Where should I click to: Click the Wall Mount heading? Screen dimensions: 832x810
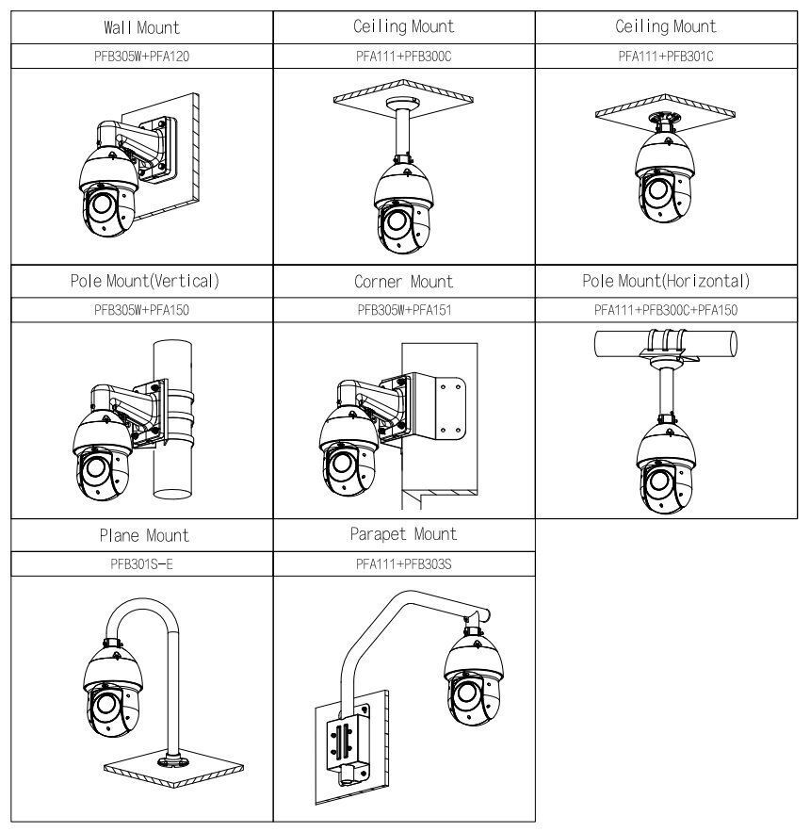tap(142, 26)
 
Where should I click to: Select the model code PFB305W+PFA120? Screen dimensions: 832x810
tap(142, 56)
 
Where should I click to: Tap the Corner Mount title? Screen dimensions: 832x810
tap(403, 281)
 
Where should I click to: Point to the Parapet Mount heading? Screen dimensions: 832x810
tap(403, 534)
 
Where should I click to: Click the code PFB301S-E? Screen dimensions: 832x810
tap(142, 563)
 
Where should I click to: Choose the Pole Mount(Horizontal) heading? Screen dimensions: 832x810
tap(666, 281)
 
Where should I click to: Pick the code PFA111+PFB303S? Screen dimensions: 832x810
tap(403, 563)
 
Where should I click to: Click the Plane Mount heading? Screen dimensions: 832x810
tap(142, 535)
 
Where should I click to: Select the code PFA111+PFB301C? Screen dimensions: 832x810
tap(666, 56)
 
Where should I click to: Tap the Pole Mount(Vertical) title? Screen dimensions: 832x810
tap(142, 281)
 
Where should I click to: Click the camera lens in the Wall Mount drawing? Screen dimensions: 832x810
tap(100, 204)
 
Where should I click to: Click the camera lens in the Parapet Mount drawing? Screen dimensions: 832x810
tap(465, 693)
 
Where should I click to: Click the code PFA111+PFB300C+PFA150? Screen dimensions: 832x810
tap(666, 309)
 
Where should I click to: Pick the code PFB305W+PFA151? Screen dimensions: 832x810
tap(403, 309)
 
